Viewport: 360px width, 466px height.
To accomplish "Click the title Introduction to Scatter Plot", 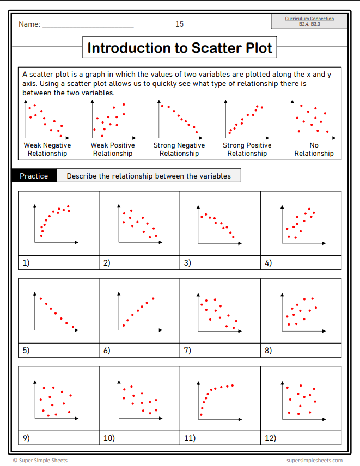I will click(180, 48).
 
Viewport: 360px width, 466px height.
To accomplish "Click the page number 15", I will click(180, 24).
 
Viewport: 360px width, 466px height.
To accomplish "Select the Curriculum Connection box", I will click(309, 21).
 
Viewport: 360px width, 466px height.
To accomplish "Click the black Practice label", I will click(34, 176).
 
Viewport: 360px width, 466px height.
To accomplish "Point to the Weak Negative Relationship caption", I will click(48, 149).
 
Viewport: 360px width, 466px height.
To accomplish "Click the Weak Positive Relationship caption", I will click(113, 149).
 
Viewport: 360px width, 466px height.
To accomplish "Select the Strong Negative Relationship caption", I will click(179, 149).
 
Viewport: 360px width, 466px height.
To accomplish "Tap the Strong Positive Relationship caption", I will click(247, 149).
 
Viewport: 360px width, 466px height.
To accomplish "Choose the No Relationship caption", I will click(314, 149).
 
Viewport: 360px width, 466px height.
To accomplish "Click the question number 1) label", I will click(26, 263).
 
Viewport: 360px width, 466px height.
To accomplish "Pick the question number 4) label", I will click(268, 263).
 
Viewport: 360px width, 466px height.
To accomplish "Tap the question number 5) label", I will click(26, 351).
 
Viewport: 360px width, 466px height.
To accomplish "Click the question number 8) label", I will click(268, 351).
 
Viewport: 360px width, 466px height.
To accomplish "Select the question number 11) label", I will click(190, 438).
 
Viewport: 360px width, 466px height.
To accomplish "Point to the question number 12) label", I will click(270, 438).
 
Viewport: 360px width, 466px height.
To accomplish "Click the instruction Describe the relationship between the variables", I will click(149, 176).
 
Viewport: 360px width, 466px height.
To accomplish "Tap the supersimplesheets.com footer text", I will click(315, 461).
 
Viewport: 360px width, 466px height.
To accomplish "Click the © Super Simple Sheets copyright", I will click(40, 461).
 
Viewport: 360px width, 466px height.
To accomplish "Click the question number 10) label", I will click(109, 438).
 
